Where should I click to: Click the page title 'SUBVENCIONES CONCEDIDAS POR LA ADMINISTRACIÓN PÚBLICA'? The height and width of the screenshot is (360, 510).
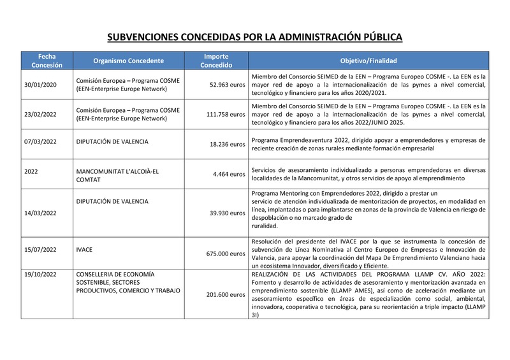tap(254, 38)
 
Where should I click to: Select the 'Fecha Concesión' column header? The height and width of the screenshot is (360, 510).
tap(47, 61)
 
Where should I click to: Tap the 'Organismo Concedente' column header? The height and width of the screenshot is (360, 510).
tap(128, 61)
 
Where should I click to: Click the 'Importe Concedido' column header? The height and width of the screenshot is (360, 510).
tap(216, 61)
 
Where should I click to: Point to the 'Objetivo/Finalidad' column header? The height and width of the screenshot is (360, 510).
tap(368, 61)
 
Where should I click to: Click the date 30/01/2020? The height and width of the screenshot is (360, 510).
tap(40, 85)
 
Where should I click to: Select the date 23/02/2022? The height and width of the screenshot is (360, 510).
tap(40, 114)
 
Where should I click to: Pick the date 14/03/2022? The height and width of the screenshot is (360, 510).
tap(40, 213)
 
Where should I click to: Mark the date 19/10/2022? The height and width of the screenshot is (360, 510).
tap(40, 275)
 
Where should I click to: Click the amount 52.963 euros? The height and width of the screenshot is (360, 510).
tap(227, 85)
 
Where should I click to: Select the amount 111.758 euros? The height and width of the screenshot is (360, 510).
tap(225, 114)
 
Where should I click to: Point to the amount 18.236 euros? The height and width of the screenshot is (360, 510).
tap(227, 144)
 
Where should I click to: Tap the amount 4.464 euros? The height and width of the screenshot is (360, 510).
tap(229, 173)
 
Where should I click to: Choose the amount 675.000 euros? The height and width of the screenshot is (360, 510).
tap(225, 254)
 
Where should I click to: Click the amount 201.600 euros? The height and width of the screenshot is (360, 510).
tap(225, 294)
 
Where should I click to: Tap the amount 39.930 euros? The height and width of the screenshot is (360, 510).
tap(227, 213)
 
